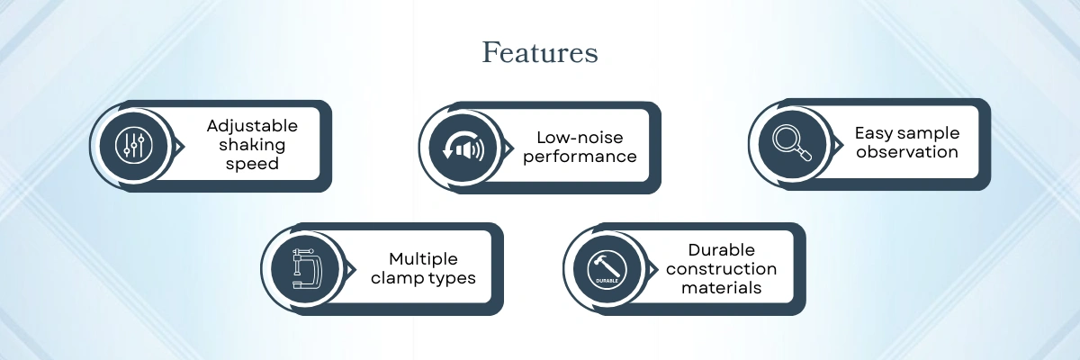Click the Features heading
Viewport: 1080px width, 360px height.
point(540,52)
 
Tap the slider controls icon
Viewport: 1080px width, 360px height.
point(134,145)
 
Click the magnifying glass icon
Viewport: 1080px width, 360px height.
point(792,143)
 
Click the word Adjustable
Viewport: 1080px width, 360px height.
point(252,126)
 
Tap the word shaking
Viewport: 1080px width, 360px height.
point(252,145)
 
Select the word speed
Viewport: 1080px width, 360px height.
point(252,164)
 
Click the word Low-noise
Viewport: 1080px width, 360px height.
point(580,138)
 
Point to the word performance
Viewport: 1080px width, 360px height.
point(580,157)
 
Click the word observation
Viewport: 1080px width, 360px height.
point(907,152)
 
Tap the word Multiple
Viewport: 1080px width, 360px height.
point(423,259)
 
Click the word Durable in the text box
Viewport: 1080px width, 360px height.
point(721,250)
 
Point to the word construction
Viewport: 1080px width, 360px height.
point(721,269)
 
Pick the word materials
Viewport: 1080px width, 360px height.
point(721,288)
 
